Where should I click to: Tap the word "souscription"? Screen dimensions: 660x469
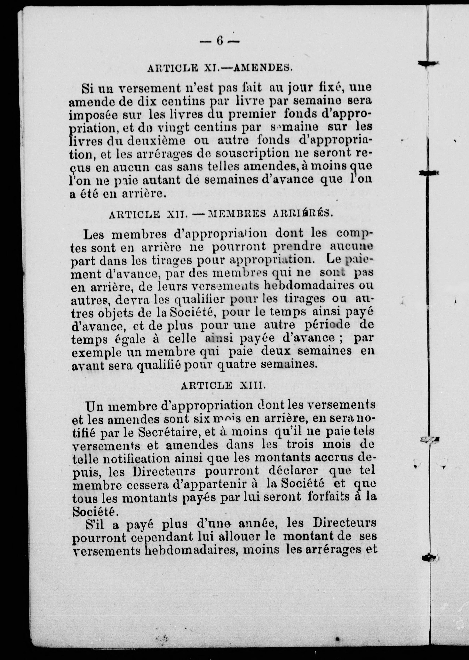(252, 153)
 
